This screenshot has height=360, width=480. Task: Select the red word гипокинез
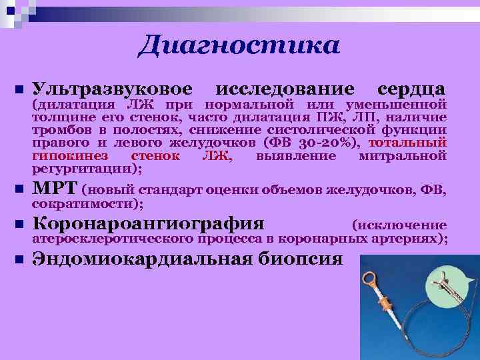(73, 156)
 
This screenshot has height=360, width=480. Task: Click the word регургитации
(80, 168)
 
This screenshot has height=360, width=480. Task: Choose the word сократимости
(84, 202)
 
